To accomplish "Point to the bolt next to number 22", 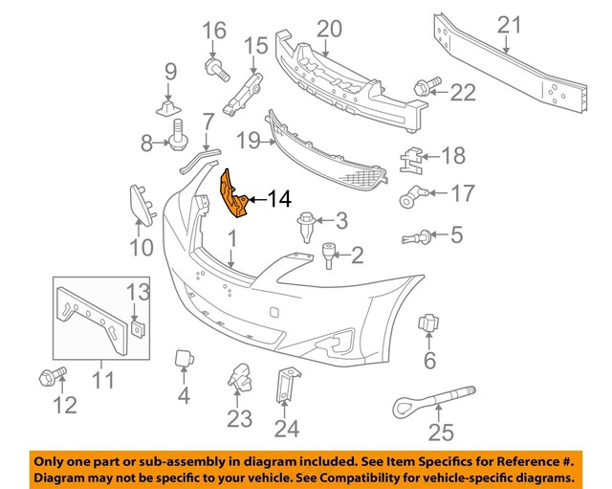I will [x=424, y=88].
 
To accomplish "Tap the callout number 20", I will [x=329, y=29].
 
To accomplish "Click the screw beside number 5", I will [x=417, y=234].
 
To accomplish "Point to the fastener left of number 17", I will [x=410, y=198].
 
